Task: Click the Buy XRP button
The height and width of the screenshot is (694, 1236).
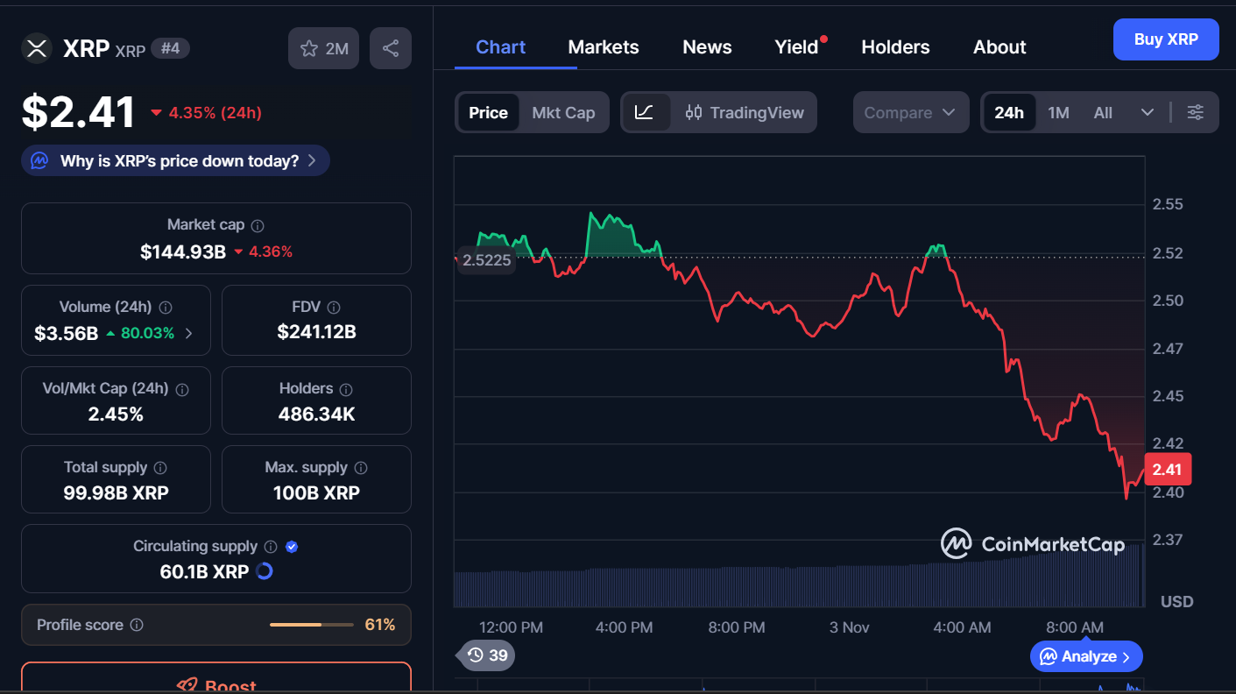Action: (x=1165, y=39)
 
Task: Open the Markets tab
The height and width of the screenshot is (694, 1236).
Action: (x=604, y=47)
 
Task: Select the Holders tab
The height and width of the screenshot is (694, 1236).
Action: (x=895, y=47)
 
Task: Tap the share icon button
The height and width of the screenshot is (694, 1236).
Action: (x=391, y=48)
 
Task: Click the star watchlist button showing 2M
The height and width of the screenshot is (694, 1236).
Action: (x=324, y=48)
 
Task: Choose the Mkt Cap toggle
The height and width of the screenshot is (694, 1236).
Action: (x=563, y=112)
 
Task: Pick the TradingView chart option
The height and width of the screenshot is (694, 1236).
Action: (x=745, y=112)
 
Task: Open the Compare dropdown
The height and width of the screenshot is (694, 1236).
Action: (x=910, y=112)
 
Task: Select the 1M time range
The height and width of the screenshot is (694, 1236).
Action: (x=1058, y=112)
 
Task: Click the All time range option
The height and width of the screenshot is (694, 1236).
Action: (x=1103, y=112)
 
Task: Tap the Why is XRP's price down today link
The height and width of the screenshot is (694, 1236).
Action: (x=176, y=161)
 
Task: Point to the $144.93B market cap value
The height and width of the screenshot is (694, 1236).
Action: (x=183, y=252)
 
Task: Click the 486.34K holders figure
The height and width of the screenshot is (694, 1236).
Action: (x=316, y=414)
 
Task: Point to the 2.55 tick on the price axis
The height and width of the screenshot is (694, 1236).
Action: (x=1168, y=205)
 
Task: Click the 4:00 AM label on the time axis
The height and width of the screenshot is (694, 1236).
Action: (x=962, y=627)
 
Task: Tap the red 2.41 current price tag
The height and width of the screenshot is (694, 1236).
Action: (x=1167, y=469)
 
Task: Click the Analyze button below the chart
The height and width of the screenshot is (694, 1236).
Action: (x=1086, y=656)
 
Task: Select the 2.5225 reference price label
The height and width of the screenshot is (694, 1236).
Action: (x=486, y=260)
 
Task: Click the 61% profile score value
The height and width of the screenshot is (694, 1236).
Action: (x=380, y=625)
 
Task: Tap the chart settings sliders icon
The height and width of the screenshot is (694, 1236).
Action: (x=1196, y=112)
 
